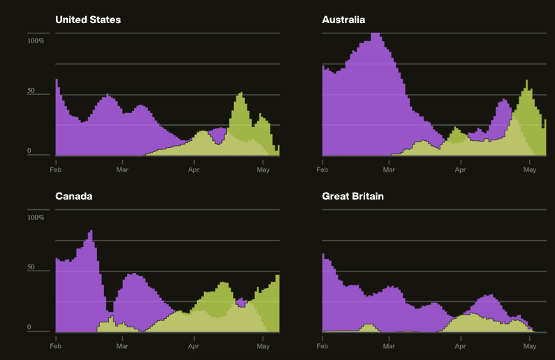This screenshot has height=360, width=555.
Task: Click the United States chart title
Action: point(88,20)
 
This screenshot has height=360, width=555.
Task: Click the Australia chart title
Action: point(343,20)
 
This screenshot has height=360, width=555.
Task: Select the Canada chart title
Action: point(74,196)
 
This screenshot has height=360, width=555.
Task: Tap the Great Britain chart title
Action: point(353,196)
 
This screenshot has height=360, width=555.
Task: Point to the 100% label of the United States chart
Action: point(36,41)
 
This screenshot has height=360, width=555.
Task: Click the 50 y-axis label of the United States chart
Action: point(31,91)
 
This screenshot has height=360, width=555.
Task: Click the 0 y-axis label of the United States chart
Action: point(29,151)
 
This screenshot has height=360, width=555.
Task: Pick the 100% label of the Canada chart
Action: point(36,218)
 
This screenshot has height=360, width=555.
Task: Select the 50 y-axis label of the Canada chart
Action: point(31,268)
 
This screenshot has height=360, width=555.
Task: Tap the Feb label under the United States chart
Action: point(55,169)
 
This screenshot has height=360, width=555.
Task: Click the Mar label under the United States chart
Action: point(123,169)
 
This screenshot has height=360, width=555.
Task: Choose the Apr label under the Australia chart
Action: point(460,169)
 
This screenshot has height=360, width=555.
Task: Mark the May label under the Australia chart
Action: point(530,169)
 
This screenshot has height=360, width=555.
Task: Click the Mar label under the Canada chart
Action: point(123,345)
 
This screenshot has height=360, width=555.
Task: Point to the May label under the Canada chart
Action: point(263,345)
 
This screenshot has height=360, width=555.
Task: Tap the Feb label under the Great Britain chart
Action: point(322,345)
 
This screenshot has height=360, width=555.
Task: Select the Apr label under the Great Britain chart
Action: point(460,345)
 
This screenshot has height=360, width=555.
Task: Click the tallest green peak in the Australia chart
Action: point(527,82)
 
